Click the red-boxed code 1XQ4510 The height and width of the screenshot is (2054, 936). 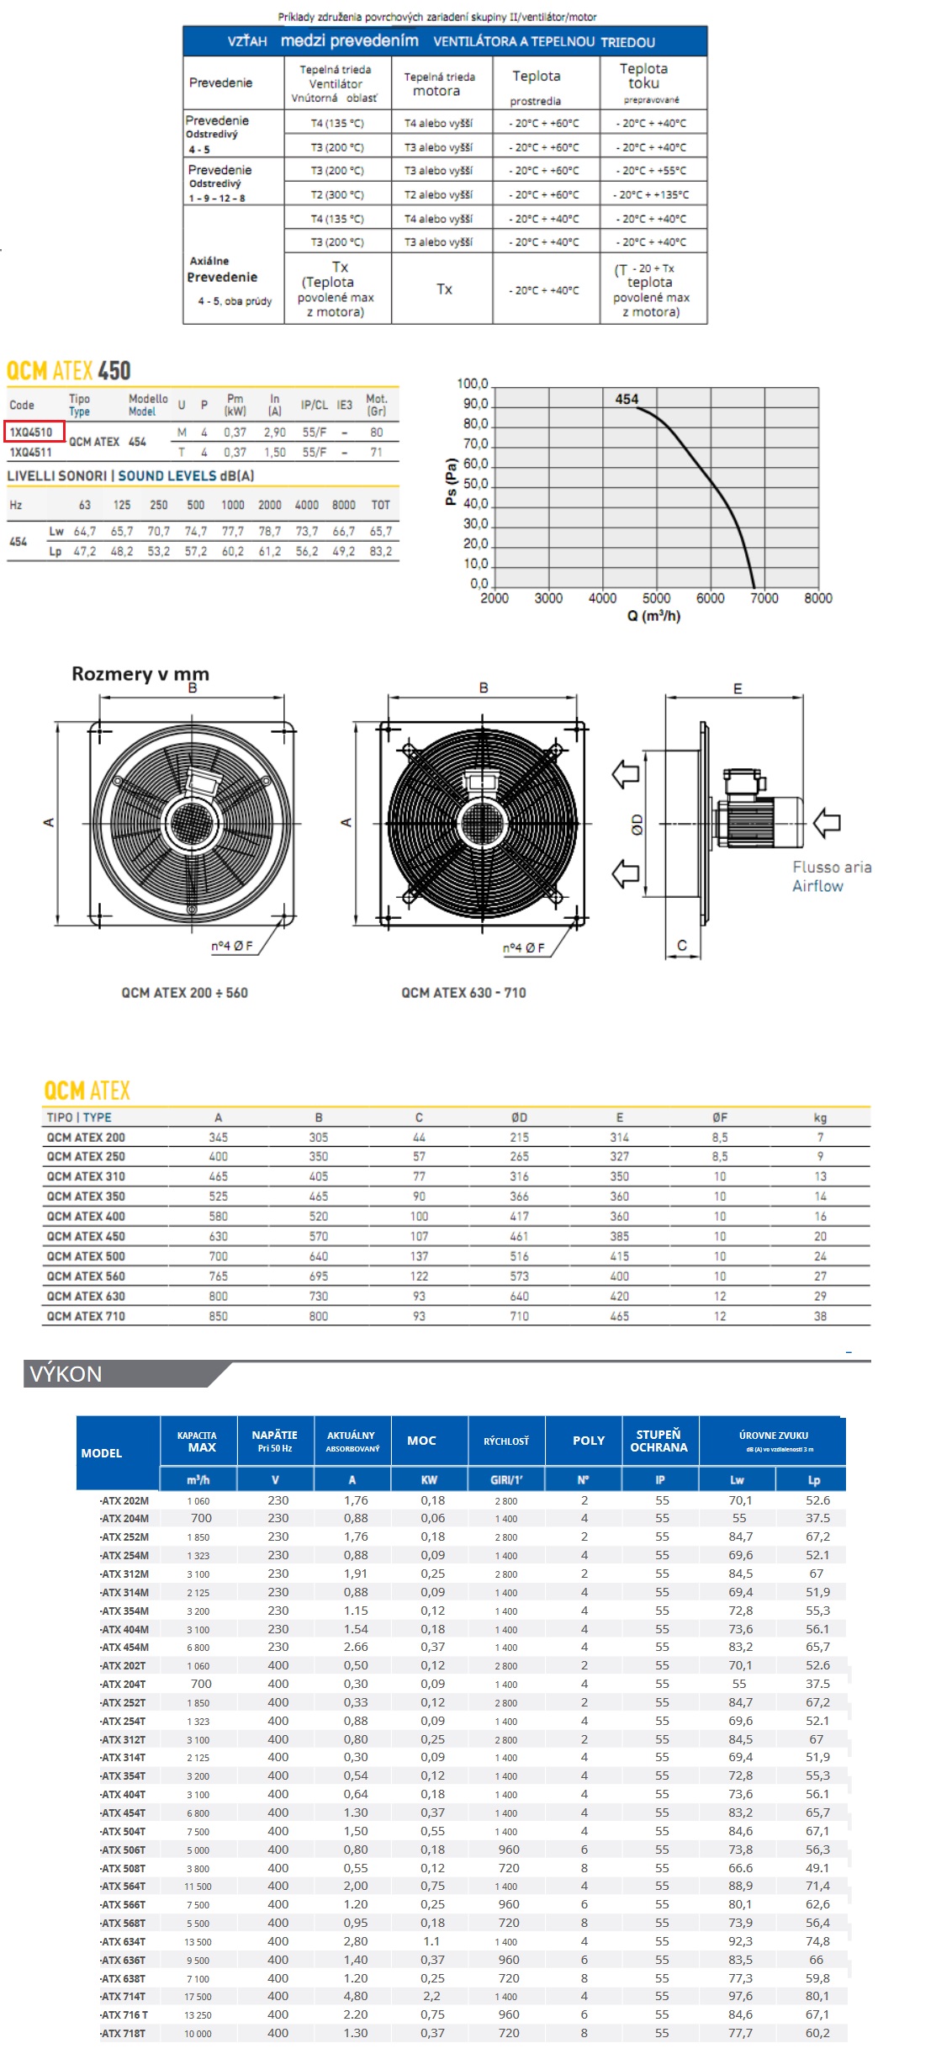(x=32, y=432)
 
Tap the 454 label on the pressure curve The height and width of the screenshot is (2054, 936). (x=627, y=399)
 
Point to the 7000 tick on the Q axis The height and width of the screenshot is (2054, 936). (x=764, y=598)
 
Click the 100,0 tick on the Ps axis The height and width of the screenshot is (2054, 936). (x=473, y=384)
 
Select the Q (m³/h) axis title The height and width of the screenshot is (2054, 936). (x=653, y=616)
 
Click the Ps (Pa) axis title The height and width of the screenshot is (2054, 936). (x=451, y=481)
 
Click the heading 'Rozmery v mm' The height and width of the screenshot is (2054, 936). (x=140, y=674)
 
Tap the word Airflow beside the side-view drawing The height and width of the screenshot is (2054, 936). (x=817, y=886)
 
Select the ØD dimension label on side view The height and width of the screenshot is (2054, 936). (x=637, y=825)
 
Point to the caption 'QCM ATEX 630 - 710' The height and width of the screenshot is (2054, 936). (x=463, y=993)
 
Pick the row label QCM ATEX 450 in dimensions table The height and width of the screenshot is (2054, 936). (x=86, y=1236)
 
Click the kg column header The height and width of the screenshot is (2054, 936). (x=820, y=1117)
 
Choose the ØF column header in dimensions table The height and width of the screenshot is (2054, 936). (x=720, y=1117)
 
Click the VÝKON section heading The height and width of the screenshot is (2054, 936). (x=66, y=1374)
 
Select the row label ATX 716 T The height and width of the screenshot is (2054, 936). (x=124, y=2014)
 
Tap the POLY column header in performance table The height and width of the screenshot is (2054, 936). (x=589, y=1441)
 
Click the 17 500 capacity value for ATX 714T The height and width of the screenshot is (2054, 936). (x=198, y=1997)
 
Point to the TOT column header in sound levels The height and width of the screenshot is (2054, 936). (x=381, y=505)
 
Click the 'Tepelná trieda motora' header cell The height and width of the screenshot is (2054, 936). (x=440, y=83)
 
